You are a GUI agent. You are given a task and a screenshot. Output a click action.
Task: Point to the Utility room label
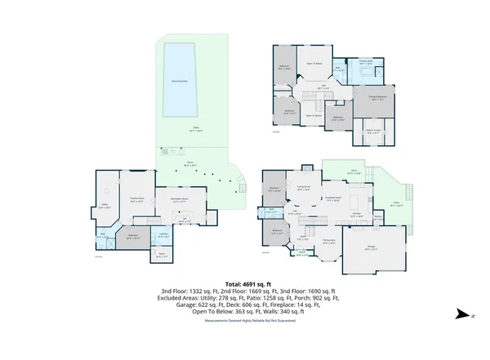point(105,207)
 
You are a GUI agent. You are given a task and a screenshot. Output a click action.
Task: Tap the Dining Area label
point(327,240)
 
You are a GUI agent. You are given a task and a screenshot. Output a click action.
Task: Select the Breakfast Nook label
point(332,198)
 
